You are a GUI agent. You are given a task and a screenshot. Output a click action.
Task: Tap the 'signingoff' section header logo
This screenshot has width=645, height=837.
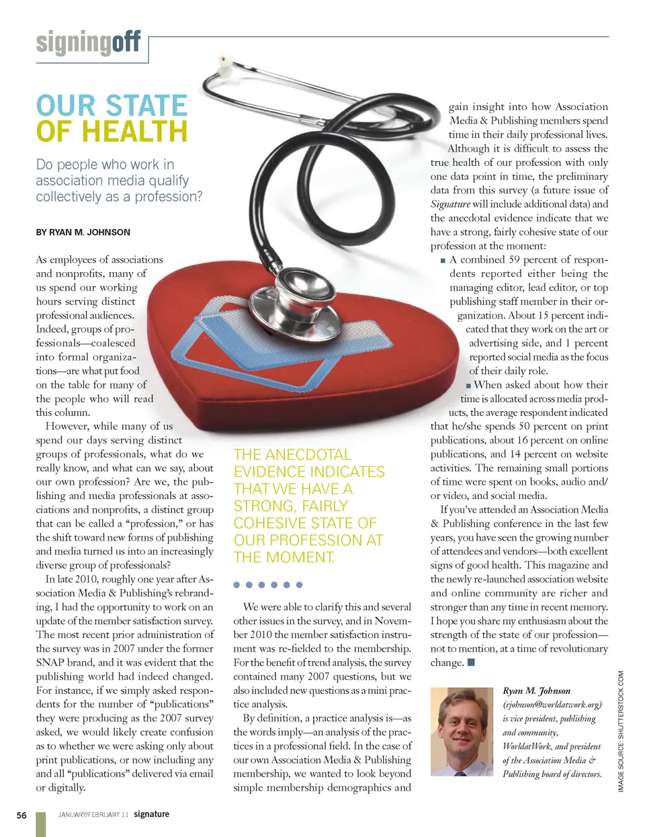click(88, 43)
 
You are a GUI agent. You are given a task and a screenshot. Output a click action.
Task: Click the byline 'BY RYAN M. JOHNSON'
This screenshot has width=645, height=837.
click(83, 232)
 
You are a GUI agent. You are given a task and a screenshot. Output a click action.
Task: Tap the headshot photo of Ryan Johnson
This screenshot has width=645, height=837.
click(462, 732)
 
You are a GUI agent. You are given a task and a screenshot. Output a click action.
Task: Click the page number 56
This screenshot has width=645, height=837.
click(21, 816)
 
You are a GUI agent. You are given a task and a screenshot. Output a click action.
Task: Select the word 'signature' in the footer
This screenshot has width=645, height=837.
click(151, 814)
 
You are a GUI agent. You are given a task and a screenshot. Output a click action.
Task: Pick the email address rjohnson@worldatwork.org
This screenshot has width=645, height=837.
click(552, 705)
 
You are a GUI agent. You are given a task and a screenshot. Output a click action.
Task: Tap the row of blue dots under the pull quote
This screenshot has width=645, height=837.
click(268, 584)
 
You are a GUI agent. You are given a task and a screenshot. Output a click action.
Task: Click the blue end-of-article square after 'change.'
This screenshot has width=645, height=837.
click(471, 662)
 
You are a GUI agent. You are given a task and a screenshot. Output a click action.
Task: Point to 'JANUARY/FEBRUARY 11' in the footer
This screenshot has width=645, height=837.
click(93, 815)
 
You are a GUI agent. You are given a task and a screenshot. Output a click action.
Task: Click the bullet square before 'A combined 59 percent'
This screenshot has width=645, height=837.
click(443, 261)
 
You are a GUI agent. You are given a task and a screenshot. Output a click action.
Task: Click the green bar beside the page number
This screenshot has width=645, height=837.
click(40, 824)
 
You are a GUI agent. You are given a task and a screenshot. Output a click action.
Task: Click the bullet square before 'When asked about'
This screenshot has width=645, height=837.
click(468, 386)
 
